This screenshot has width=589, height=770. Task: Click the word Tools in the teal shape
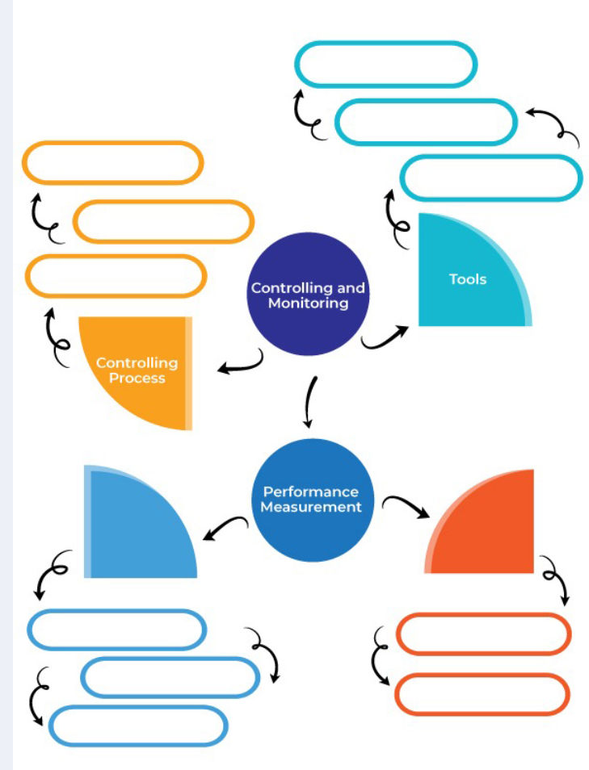pos(468,279)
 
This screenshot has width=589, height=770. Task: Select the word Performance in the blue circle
pos(310,492)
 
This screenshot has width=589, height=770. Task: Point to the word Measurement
pos(311,508)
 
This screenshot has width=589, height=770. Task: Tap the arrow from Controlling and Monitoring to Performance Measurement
pos(309,401)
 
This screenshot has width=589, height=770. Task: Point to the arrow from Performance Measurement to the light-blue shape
pos(225,528)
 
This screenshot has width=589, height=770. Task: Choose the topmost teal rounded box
pos(385,64)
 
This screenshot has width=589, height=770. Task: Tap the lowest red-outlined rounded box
pos(482,694)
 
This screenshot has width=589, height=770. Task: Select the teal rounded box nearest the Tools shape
pos(490,178)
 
